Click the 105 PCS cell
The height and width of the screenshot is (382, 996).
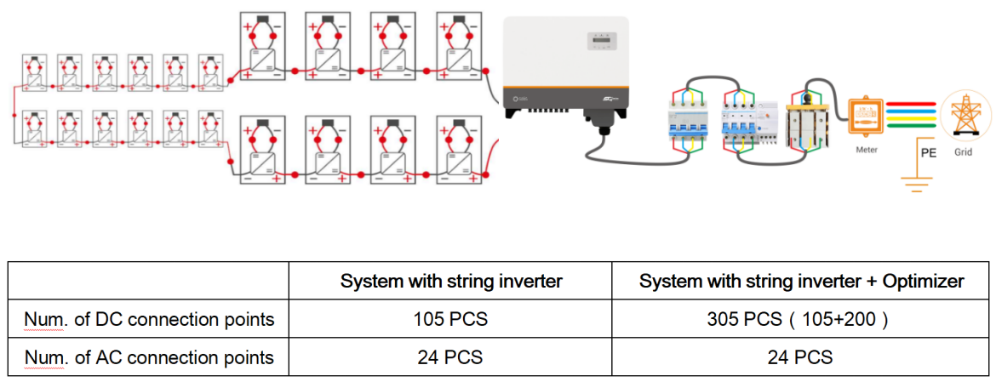coord(450,319)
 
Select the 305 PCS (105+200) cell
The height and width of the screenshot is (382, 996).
coord(799,319)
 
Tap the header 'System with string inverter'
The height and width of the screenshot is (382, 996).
coord(450,282)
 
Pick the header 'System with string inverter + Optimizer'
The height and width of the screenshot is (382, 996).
coord(799,282)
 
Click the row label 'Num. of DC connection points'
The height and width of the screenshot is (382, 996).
coord(149,319)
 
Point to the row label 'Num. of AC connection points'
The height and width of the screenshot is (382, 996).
coord(149,356)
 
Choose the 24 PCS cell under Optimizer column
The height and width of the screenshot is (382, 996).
coord(799,356)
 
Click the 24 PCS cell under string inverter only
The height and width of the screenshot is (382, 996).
coord(450,356)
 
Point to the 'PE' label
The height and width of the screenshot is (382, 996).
coord(930,154)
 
